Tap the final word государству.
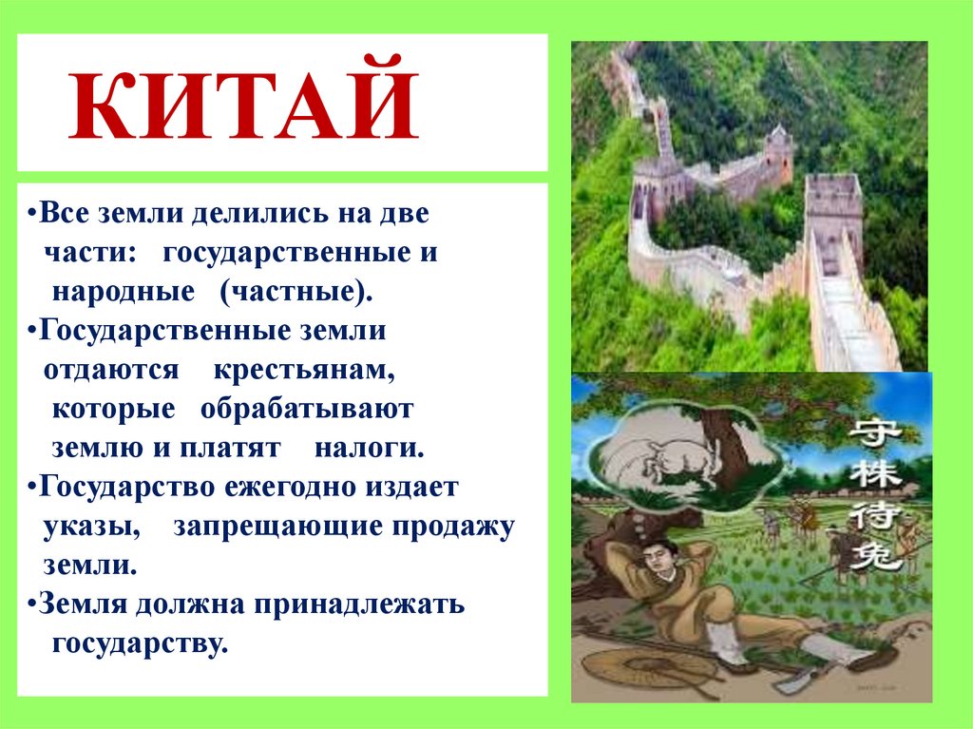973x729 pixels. coord(140,643)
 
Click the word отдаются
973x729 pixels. coord(111,370)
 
